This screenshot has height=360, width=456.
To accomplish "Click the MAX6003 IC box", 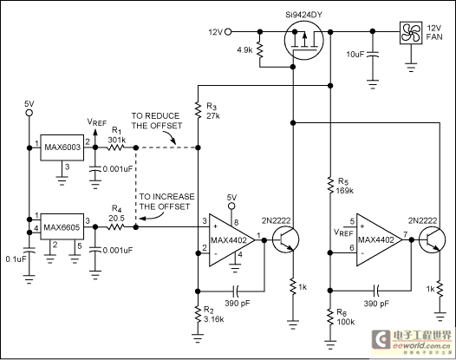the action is click(62, 147).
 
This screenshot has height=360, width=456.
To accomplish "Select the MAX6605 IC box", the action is click(62, 227).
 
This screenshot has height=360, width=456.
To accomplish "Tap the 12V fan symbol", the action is click(411, 33).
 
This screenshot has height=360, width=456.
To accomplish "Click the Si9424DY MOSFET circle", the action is click(304, 41).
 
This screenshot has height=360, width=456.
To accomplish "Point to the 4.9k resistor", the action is click(260, 50).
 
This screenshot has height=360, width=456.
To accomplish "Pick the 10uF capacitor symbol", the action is click(373, 54).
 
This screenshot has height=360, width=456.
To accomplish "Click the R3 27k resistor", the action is click(198, 110).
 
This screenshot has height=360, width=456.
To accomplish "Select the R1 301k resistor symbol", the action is click(116, 147).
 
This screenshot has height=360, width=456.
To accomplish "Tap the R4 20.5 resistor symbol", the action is click(116, 227).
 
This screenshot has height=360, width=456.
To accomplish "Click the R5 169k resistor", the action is click(330, 185).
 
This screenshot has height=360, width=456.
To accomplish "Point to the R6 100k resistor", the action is click(330, 317).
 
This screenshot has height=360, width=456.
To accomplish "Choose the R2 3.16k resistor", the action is click(198, 314).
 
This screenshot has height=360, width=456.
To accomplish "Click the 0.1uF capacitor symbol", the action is click(29, 250).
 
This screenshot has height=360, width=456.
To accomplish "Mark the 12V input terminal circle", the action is click(229, 32).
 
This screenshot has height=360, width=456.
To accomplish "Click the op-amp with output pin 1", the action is click(232, 240).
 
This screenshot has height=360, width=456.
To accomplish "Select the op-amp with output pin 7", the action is click(380, 240).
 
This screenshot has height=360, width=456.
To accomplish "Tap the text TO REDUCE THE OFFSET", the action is click(157, 121).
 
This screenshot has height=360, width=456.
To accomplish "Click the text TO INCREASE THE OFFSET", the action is click(166, 201).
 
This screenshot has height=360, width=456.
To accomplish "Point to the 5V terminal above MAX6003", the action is click(29, 113).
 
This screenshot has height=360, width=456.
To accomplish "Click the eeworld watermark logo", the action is click(412, 341).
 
